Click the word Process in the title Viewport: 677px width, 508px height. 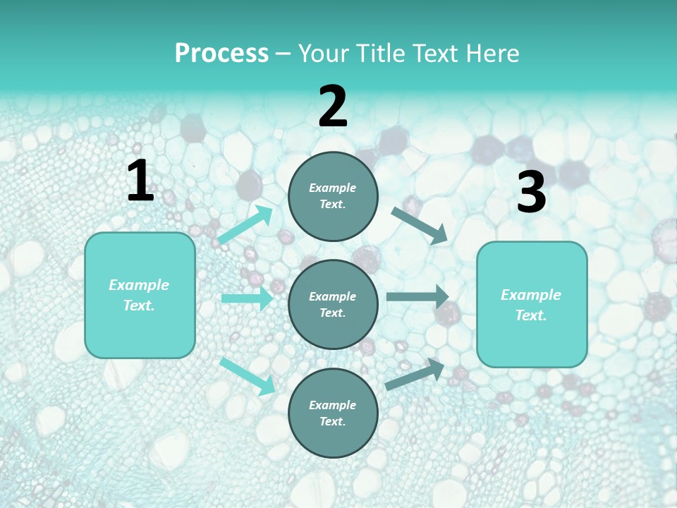[221, 54]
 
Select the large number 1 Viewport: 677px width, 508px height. [140, 181]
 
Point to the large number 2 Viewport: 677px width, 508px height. [333, 107]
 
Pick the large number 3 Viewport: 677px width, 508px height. [531, 193]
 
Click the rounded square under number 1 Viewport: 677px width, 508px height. [140, 295]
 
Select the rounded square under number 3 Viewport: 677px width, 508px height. [532, 304]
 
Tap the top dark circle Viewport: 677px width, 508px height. [333, 196]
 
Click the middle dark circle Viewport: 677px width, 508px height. [333, 304]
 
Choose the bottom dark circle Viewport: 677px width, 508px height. [333, 413]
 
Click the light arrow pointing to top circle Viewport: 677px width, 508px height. [245, 226]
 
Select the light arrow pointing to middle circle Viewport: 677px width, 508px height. [247, 298]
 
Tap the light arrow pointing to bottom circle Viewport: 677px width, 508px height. [247, 375]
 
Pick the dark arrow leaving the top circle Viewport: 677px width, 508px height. [419, 225]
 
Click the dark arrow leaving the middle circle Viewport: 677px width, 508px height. [417, 296]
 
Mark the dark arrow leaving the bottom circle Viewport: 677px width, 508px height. [415, 375]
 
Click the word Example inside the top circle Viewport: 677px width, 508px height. [333, 188]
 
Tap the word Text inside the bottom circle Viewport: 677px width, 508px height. [331, 422]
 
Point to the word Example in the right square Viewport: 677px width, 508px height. [531, 295]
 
